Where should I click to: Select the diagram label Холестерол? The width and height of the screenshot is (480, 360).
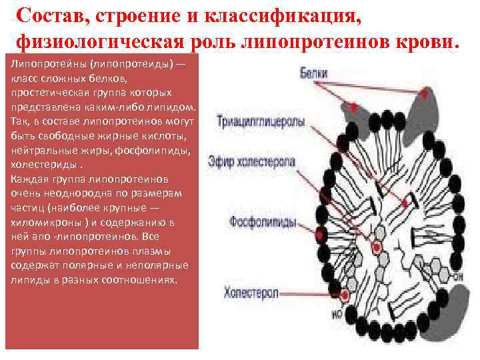pyautogui.click(x=251, y=291)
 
